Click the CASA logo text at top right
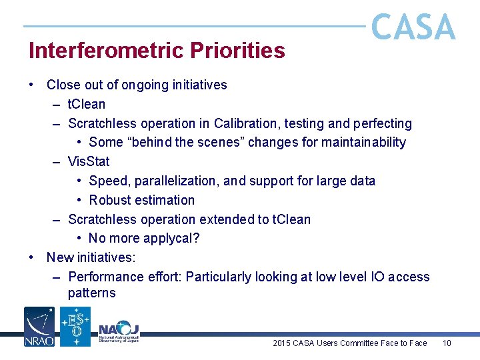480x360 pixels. (413, 28)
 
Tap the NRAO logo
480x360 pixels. (39, 326)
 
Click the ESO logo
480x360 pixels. (75, 326)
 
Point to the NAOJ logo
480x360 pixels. (119, 330)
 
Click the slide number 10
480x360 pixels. (447, 343)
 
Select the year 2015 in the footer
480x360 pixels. (282, 343)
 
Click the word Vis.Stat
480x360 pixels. (89, 161)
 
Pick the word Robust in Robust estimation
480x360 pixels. (109, 200)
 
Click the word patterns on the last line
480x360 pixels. (91, 293)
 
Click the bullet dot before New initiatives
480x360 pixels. (31, 257)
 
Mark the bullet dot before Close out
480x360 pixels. (31, 85)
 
